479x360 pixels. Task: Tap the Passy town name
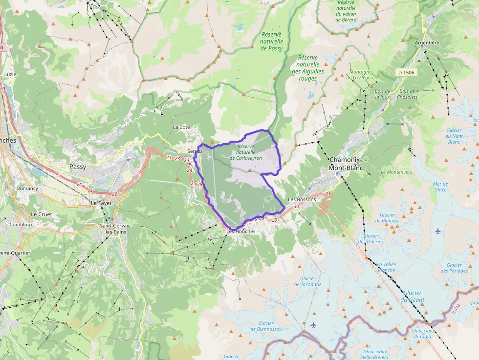78,167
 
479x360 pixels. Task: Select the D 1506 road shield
406,73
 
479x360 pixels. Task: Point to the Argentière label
427,42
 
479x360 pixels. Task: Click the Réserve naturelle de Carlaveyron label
246,152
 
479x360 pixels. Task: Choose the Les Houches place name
240,231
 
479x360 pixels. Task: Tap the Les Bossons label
302,199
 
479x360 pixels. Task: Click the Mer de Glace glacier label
440,187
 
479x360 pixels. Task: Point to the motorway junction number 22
114,194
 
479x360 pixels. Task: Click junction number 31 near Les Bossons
328,194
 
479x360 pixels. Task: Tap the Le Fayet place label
101,202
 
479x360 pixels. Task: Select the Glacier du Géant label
412,296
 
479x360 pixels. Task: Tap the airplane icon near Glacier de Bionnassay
313,325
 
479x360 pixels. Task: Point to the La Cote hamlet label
181,127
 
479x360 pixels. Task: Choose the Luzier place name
11,74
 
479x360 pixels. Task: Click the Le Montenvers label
396,172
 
